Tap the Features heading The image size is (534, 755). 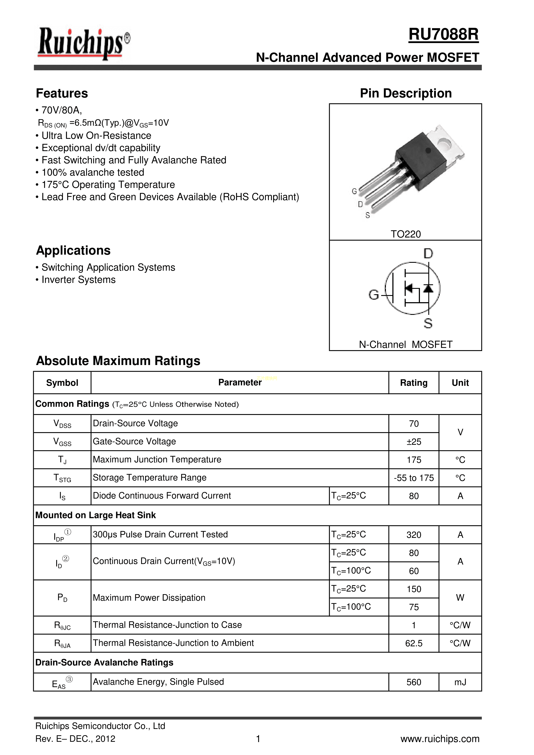coord(62,93)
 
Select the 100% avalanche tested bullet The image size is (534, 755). coord(93,172)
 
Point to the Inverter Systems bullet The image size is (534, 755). coord(78,280)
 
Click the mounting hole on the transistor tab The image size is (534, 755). coord(444,143)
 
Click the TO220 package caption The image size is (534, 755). coord(406,234)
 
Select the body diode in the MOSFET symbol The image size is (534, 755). coord(428,288)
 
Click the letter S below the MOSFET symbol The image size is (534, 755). coord(428,323)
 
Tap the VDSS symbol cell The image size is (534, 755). coord(62,424)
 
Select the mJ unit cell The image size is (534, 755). coord(460,682)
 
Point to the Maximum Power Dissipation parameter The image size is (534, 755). coord(149,598)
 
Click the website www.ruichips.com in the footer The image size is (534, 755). coord(440,739)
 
